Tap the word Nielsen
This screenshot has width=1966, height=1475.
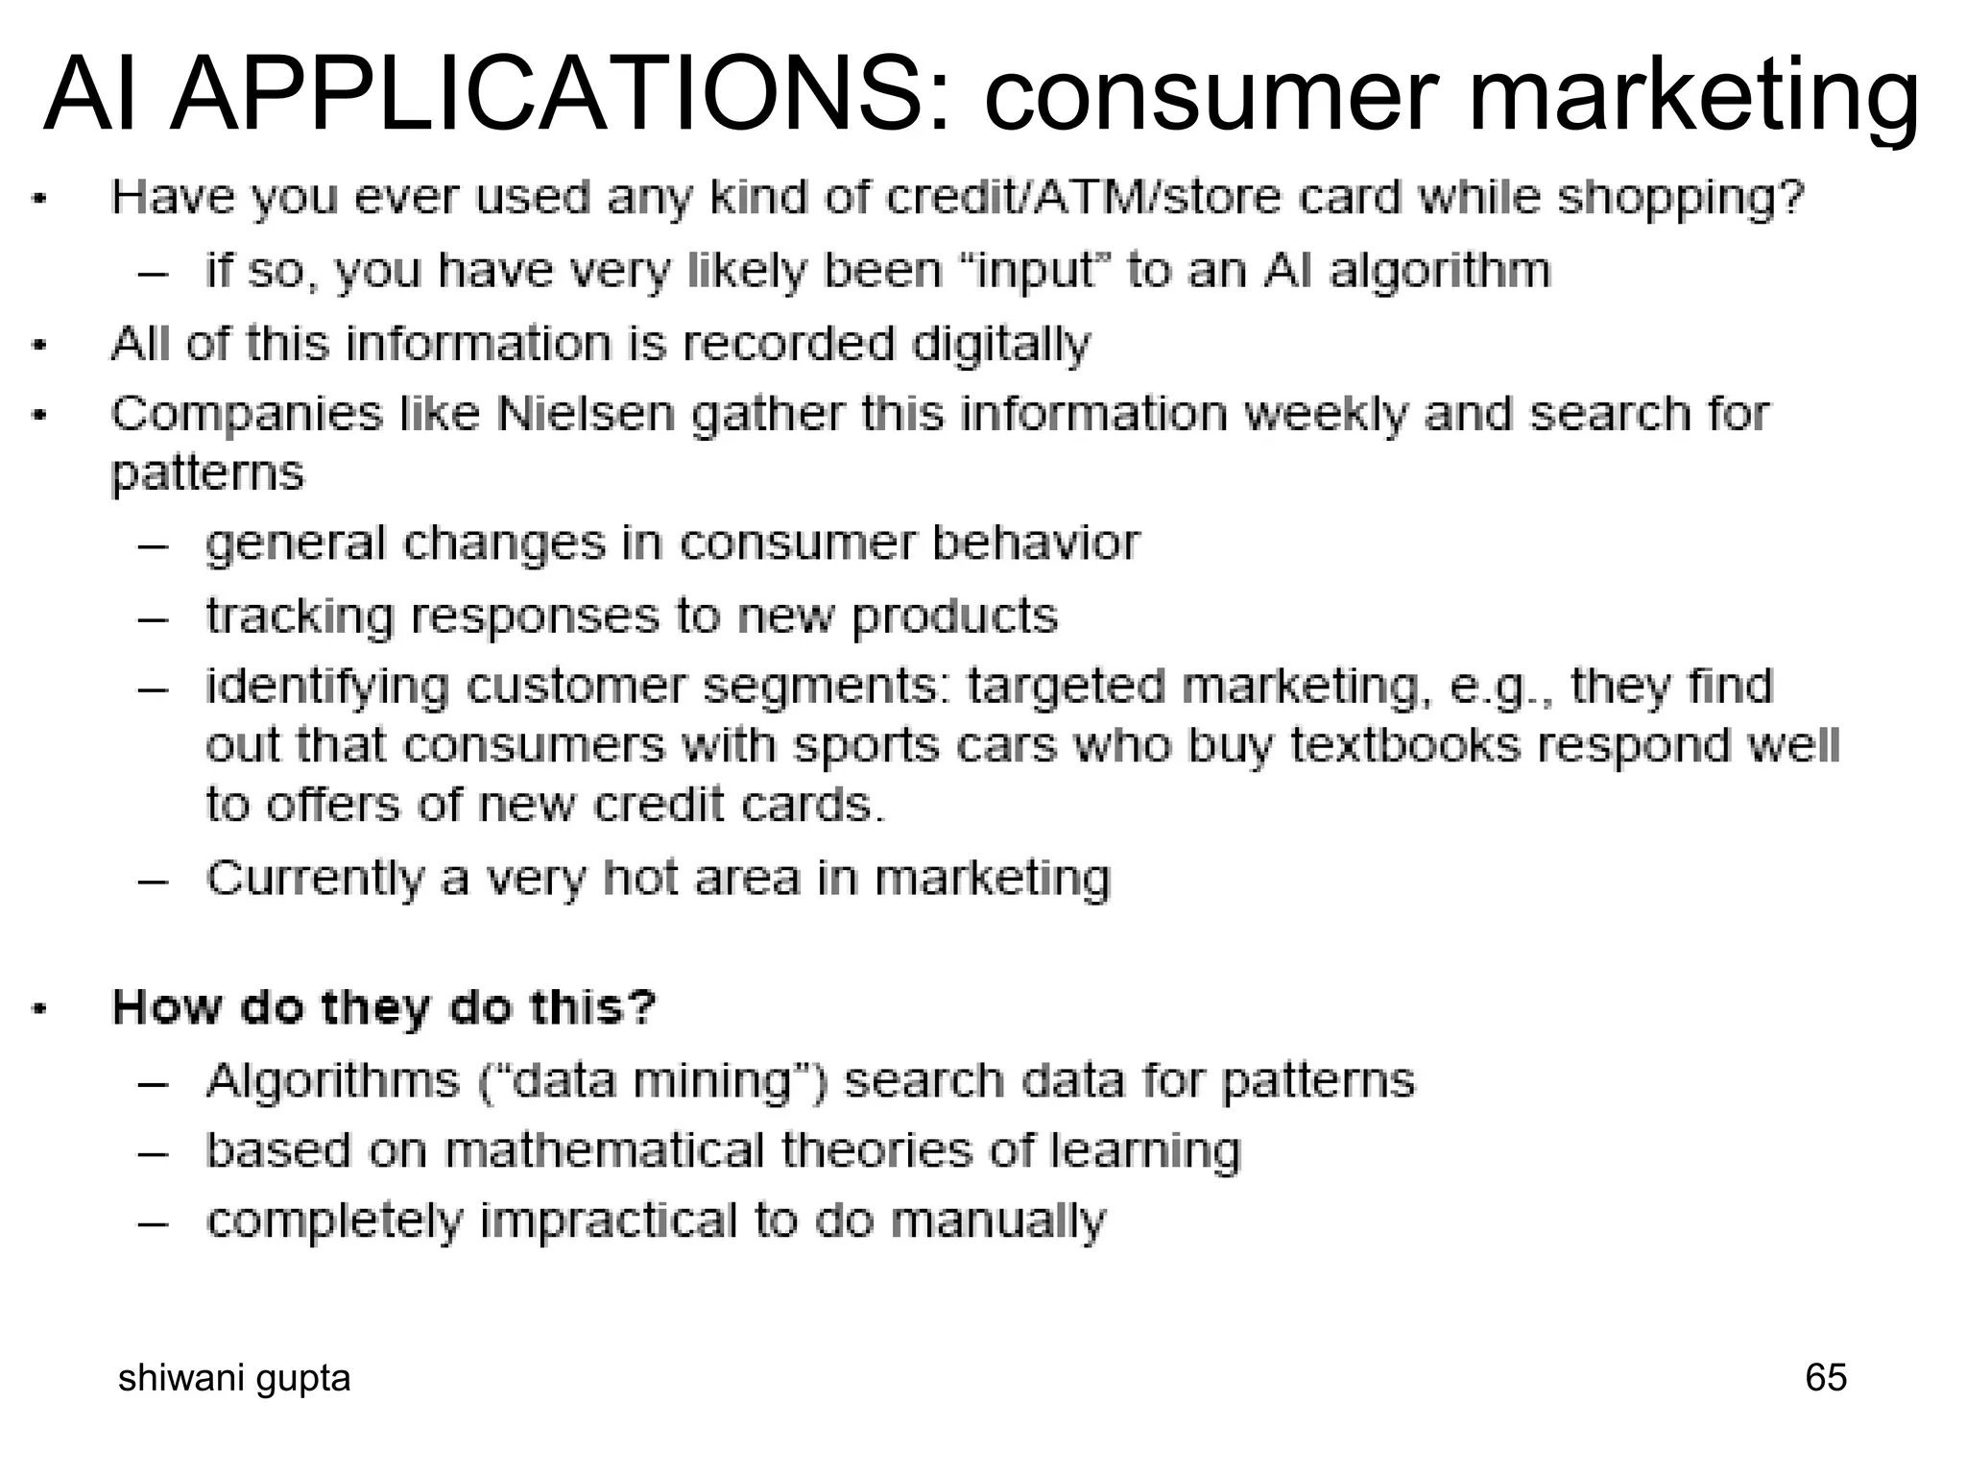pyautogui.click(x=586, y=414)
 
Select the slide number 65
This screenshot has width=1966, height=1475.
pyautogui.click(x=1825, y=1377)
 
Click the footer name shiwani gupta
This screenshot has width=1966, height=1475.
pyautogui.click(x=234, y=1377)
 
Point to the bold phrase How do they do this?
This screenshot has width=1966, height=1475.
pyautogui.click(x=384, y=1007)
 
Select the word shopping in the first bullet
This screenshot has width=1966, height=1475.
pyautogui.click(x=1680, y=199)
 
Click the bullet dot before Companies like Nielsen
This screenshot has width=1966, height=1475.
pyautogui.click(x=38, y=416)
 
